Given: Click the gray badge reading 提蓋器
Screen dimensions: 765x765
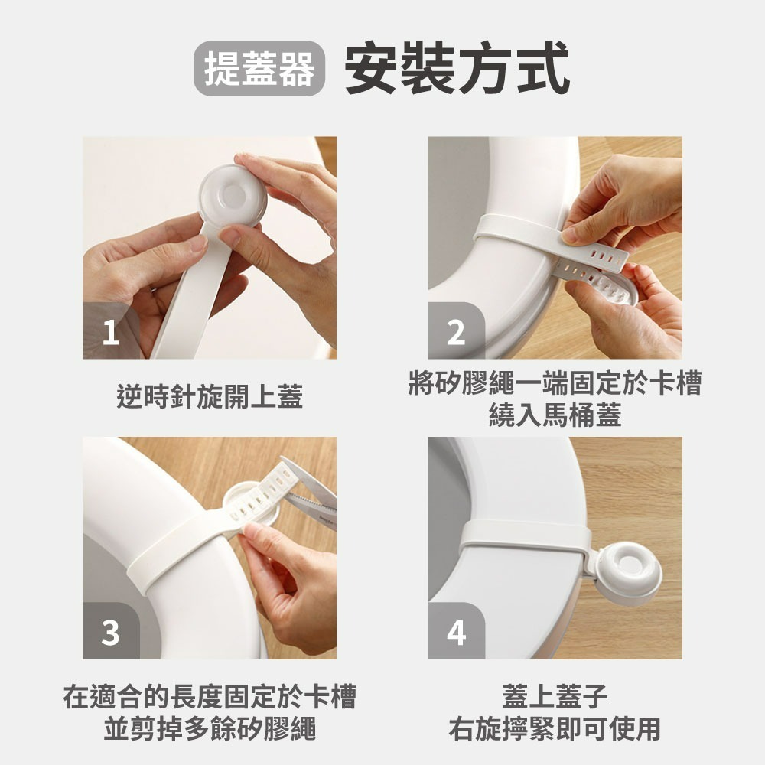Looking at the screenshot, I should tap(259, 68).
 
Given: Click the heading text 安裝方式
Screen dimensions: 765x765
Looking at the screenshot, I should tap(457, 68).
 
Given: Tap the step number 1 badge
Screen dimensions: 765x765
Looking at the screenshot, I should tap(111, 333).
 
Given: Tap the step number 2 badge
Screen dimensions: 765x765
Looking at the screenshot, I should tap(456, 333).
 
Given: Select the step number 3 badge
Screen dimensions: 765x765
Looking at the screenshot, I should tap(111, 633).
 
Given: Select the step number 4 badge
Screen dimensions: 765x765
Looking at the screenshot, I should tap(456, 633).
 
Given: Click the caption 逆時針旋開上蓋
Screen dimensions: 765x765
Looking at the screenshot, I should tap(210, 397).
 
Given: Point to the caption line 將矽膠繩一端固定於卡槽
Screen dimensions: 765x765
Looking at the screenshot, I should tap(555, 384).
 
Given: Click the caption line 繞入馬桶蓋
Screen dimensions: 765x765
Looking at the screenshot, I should tap(555, 415).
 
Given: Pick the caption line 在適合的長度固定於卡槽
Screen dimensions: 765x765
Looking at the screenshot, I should tap(210, 697).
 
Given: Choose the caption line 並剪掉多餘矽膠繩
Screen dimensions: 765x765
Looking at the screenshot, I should tap(210, 728).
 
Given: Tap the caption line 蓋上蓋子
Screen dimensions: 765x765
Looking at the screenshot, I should tap(555, 697).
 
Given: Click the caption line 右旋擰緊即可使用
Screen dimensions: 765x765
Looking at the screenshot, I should tap(555, 728).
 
